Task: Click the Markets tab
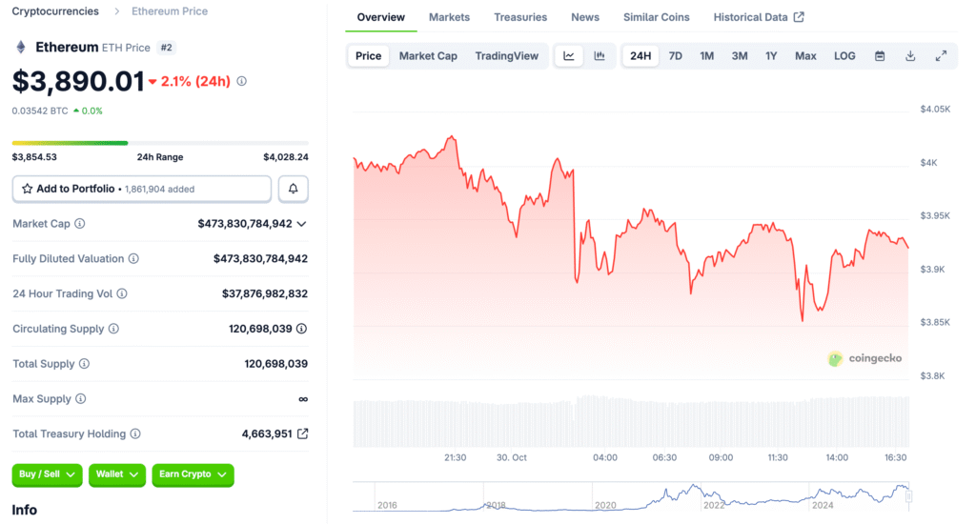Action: [449, 17]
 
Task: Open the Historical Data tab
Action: [758, 17]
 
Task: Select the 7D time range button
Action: [675, 56]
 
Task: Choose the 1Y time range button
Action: [771, 56]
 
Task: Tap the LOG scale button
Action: [844, 56]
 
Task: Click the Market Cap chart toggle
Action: [428, 56]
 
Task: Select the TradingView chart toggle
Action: [507, 56]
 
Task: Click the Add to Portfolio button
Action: [141, 189]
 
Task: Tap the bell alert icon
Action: [294, 189]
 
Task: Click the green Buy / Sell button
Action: [47, 474]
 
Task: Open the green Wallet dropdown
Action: [117, 474]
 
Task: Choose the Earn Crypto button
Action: [193, 474]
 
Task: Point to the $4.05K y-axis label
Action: [935, 110]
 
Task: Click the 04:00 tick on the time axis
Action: [605, 457]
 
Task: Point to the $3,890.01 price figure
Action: [78, 82]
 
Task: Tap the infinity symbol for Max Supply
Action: [303, 399]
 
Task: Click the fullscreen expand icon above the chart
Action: [941, 56]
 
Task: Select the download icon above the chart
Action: [910, 56]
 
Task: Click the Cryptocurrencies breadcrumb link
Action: [55, 11]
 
